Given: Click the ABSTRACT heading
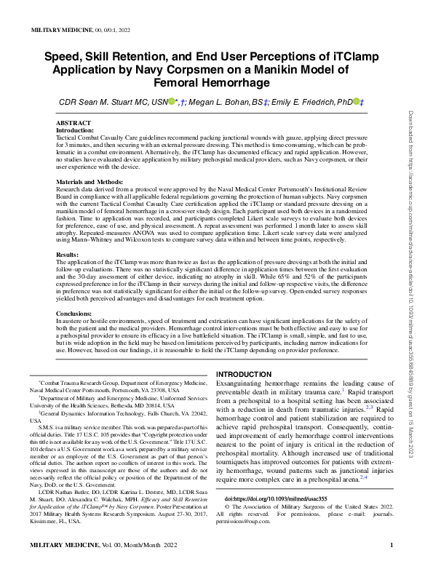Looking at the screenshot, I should [73, 124].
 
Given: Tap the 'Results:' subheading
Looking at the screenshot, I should [67, 255].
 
